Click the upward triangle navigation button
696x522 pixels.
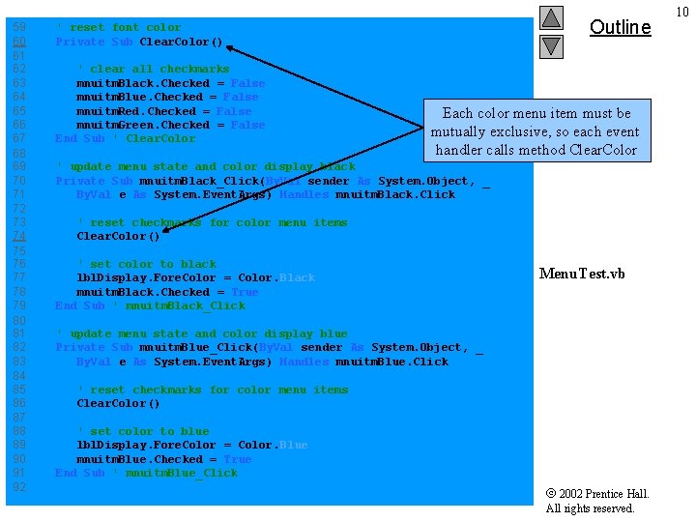551,17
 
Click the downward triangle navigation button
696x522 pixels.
551,45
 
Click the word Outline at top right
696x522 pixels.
620,27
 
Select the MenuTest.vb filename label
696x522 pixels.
582,274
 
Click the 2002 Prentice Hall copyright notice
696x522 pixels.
597,501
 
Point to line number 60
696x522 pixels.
19,42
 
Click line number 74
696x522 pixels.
19,236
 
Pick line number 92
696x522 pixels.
19,486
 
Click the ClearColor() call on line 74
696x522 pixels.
118,236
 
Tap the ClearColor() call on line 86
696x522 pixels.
118,403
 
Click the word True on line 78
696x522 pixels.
245,292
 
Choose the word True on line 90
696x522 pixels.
238,459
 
